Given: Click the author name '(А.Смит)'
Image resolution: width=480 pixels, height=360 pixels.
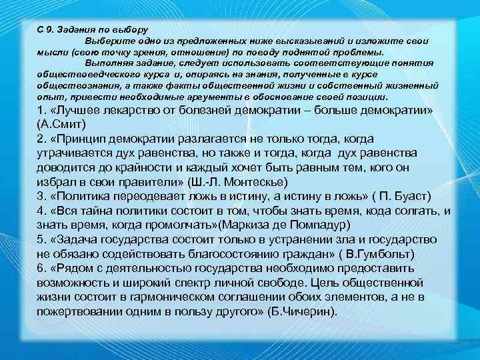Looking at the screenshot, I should (x=61, y=124).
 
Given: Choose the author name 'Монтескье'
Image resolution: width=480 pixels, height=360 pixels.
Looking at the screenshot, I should (x=255, y=182).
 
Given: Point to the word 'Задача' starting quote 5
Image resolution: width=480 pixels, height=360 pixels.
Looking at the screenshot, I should (x=75, y=240).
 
